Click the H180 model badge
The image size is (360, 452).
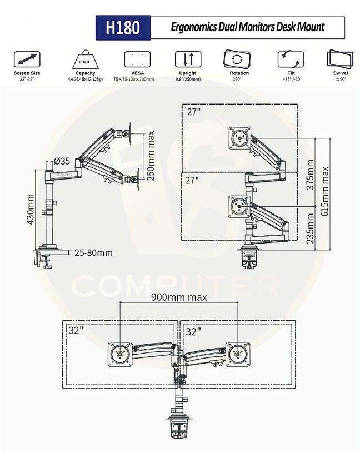123,28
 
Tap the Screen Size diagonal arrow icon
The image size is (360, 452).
27,59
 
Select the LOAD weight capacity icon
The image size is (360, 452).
85,59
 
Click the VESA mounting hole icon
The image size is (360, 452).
137,59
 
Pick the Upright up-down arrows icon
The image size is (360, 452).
188,59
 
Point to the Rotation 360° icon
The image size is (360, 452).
237,59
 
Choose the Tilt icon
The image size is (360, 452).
291,59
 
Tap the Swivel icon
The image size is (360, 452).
340,59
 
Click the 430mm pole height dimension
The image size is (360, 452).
30,209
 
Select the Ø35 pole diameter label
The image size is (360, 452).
62,161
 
